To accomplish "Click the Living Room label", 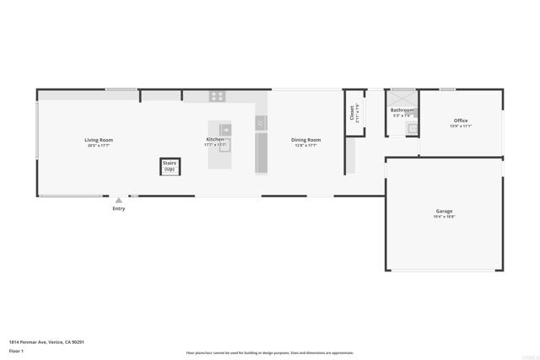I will pos(99,140).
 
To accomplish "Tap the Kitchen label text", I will pos(215,139).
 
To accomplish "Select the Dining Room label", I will pos(306,140).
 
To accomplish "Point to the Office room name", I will pos(461,121).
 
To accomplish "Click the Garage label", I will pos(445,211).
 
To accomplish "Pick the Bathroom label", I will pos(402,110).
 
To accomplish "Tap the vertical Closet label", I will pos(352,113).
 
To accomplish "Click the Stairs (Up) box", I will pos(170,166).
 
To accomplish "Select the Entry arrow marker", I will pos(119,201).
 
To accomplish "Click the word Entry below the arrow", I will pos(119,209).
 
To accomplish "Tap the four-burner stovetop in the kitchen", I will pos(217,96).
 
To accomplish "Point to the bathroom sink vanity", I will pos(413,128).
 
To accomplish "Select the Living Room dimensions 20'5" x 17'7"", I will pos(99,146).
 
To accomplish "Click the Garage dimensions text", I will pos(445,217).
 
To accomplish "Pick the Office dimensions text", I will pos(461,126).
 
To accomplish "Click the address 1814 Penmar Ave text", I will pos(46,341).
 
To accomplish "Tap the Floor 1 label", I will pos(16,350).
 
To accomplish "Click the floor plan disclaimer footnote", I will pos(270,352).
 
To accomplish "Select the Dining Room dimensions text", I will pos(306,146).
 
